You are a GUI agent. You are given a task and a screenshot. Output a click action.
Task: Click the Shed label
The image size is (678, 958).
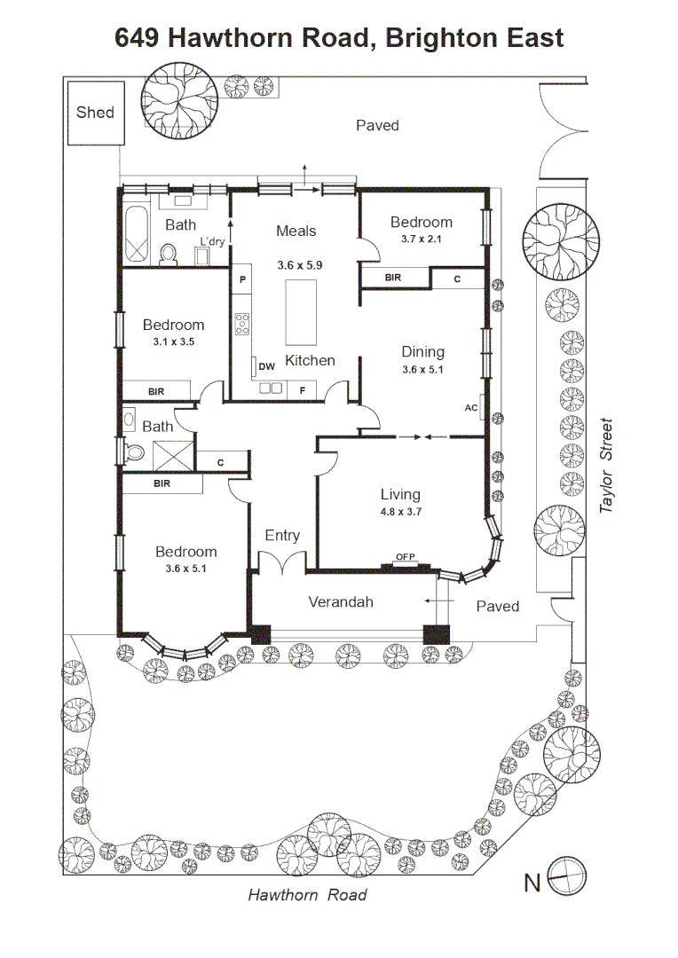click(95, 113)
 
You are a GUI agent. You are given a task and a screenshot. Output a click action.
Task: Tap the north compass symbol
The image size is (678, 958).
click(567, 876)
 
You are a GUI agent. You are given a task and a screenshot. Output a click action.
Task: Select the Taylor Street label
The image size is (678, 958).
click(605, 465)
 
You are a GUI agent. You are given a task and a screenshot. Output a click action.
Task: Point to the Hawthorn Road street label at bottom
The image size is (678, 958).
click(307, 895)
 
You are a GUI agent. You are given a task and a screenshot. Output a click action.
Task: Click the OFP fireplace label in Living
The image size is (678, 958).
click(406, 556)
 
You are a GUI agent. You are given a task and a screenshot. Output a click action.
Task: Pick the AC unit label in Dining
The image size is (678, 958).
click(470, 407)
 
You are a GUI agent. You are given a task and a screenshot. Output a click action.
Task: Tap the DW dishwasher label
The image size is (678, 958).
click(266, 366)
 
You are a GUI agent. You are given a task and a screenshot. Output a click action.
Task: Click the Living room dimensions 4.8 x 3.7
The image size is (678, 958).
click(401, 512)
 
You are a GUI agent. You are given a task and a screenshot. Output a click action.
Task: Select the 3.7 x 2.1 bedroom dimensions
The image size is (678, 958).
click(422, 239)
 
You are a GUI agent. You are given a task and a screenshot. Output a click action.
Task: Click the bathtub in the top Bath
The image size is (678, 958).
click(137, 234)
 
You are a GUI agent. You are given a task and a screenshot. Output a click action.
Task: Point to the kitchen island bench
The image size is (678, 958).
click(301, 312)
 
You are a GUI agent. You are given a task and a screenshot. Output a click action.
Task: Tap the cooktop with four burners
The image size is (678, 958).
click(242, 323)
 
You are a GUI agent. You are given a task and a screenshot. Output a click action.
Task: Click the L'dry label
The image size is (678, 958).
click(212, 241)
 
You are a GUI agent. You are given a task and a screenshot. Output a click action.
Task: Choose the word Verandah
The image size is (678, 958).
click(341, 601)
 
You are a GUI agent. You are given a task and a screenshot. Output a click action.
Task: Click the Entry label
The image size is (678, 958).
click(282, 536)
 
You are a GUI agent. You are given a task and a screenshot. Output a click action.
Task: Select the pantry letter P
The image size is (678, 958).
click(242, 279)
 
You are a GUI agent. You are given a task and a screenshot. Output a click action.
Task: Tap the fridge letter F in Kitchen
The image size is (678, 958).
click(302, 390)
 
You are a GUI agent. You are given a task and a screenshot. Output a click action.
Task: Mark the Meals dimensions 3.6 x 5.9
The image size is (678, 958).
click(300, 265)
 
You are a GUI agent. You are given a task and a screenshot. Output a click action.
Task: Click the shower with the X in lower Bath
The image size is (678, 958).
click(173, 455)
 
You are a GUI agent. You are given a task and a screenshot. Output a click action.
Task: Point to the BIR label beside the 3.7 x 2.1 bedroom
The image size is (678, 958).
click(393, 278)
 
